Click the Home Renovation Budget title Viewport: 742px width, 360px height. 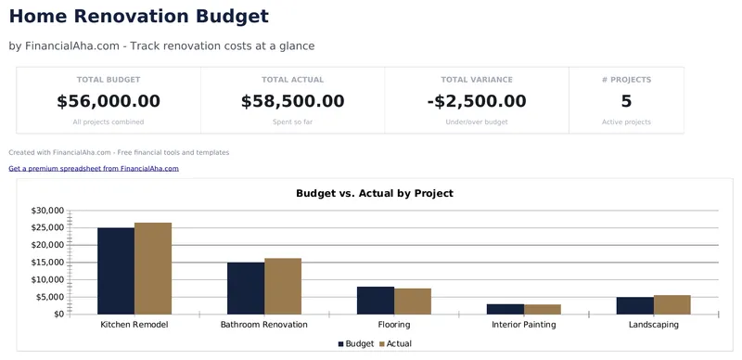coord(139,17)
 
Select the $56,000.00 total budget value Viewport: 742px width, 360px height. coord(109,101)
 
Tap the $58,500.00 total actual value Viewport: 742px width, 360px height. coord(292,101)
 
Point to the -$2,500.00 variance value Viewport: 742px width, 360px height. coord(477,101)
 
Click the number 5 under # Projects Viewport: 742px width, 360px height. coord(626,101)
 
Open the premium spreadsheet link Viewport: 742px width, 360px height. coord(94,169)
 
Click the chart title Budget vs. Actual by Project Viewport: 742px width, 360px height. coord(374,194)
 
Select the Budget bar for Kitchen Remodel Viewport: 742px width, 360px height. coord(116,271)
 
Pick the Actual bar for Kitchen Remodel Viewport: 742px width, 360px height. coord(153,268)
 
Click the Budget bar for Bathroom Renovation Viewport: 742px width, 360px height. coord(246,288)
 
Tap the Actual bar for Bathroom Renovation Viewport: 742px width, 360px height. coord(283,286)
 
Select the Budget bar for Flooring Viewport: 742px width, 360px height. coord(376,300)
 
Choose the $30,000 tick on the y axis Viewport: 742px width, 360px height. coord(46,211)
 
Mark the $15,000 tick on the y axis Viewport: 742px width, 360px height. coord(46,263)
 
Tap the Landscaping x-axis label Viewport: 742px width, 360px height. coord(653,326)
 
